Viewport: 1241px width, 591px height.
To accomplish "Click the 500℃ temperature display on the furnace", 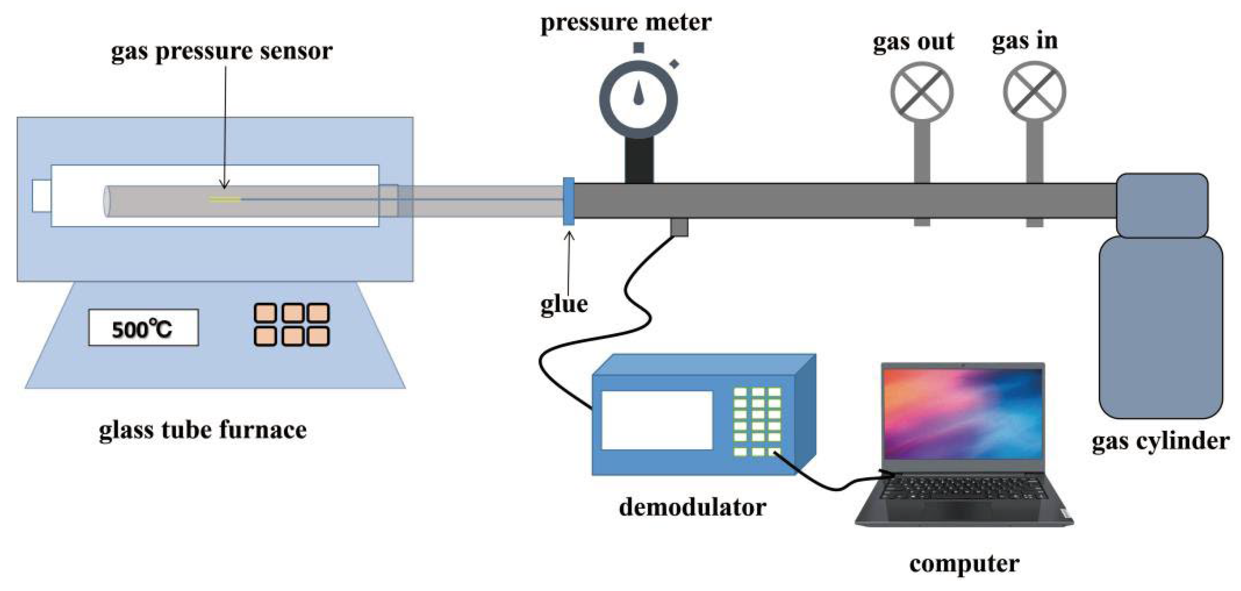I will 143,328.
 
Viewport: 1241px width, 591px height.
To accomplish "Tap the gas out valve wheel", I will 921,92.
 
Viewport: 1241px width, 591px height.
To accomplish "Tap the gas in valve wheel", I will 1034,91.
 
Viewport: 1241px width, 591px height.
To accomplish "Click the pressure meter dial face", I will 638,99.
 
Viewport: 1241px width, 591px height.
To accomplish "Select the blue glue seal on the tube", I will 568,201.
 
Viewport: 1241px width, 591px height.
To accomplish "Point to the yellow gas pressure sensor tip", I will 225,199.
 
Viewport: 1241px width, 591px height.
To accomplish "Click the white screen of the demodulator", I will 656,420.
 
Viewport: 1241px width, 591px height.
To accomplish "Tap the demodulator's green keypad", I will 757,421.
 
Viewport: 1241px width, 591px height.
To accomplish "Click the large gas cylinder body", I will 1160,328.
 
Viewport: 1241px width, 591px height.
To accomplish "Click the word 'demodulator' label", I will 692,507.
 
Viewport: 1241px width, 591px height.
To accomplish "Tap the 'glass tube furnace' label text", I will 202,430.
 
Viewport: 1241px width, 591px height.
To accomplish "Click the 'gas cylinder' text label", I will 1160,441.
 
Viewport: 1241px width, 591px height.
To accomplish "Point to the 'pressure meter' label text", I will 626,22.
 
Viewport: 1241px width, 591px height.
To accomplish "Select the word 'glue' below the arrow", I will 564,304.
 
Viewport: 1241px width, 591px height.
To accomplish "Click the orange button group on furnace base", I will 291,324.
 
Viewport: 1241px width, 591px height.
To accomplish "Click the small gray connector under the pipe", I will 679,227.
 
